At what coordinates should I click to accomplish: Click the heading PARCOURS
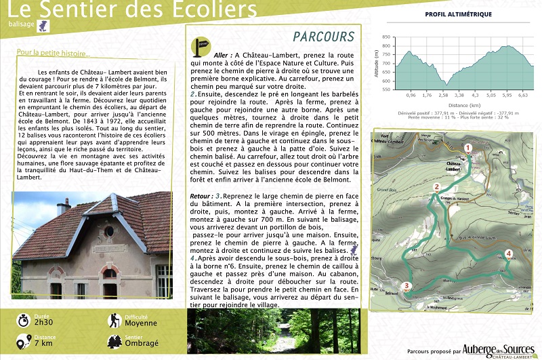point(324,37)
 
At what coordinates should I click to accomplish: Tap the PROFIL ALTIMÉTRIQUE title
point(458,14)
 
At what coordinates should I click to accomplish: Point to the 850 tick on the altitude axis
point(385,38)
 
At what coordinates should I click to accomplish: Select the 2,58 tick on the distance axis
point(443,96)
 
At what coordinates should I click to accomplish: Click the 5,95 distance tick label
point(507,96)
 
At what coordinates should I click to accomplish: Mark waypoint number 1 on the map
point(467,147)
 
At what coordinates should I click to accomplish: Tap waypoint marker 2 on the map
point(437,187)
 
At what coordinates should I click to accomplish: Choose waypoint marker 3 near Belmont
point(406,286)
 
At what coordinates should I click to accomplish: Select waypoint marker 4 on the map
point(509,254)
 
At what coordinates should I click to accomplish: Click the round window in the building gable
point(109,231)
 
